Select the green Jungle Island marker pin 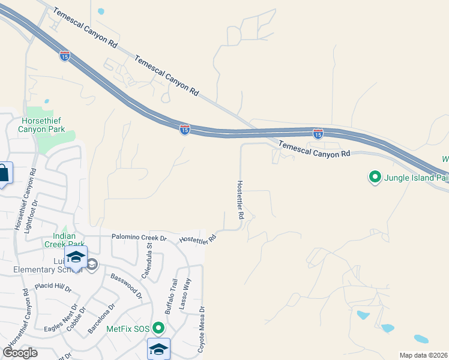375,177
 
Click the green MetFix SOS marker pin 158,328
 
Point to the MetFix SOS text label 128,329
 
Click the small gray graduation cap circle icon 92,265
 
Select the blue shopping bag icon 3,174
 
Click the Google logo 20,353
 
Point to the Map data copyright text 424,355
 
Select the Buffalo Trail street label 172,296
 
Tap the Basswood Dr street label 127,286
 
